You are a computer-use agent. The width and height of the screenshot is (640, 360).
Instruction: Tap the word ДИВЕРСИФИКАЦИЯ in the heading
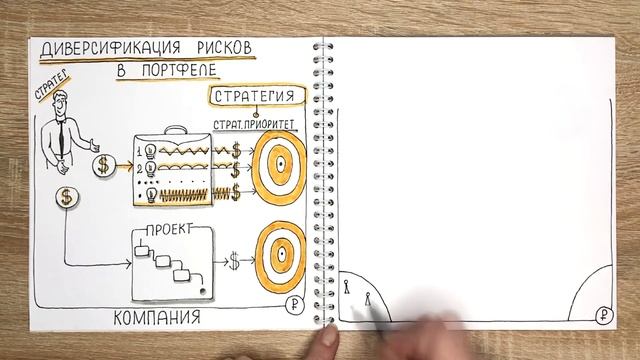[x=106, y=49]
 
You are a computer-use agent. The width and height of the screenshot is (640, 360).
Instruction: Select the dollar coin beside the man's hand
[x=104, y=166]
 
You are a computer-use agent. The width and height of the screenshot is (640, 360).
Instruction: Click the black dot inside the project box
[x=203, y=290]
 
